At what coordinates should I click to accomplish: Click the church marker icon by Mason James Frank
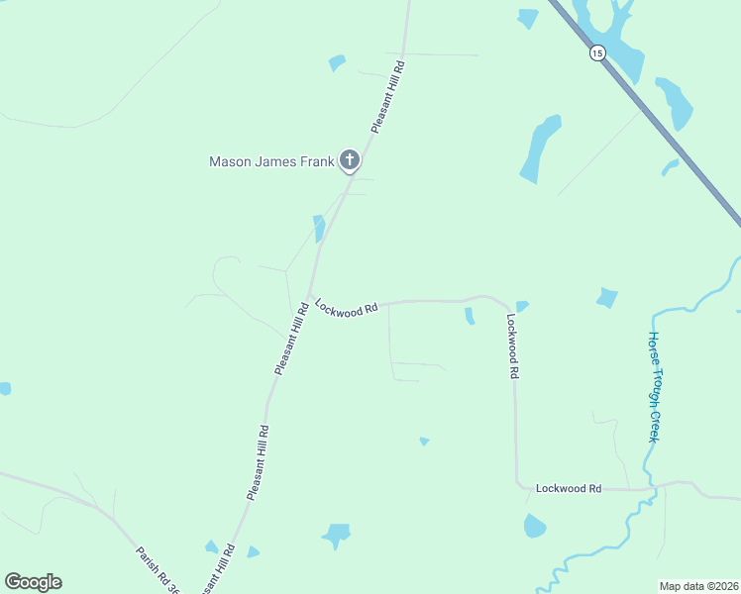pyautogui.click(x=349, y=159)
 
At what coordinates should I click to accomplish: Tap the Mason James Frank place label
pyautogui.click(x=270, y=161)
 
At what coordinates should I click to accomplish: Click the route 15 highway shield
pyautogui.click(x=595, y=52)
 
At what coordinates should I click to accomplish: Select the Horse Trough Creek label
pyautogui.click(x=655, y=386)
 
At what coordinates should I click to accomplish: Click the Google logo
pyautogui.click(x=33, y=582)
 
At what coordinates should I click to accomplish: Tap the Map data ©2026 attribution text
pyautogui.click(x=698, y=585)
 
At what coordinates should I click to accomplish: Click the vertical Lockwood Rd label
pyautogui.click(x=513, y=347)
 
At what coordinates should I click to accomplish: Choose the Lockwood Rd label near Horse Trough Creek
pyautogui.click(x=569, y=488)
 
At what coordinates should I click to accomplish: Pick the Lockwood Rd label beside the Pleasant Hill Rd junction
pyautogui.click(x=347, y=309)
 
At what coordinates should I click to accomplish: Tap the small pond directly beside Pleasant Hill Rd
pyautogui.click(x=319, y=229)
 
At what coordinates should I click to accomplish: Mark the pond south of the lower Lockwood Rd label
pyautogui.click(x=534, y=526)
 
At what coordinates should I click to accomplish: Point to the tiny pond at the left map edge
pyautogui.click(x=4, y=389)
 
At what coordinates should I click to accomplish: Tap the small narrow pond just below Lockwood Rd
pyautogui.click(x=470, y=316)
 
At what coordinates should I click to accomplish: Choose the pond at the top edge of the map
pyautogui.click(x=528, y=17)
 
